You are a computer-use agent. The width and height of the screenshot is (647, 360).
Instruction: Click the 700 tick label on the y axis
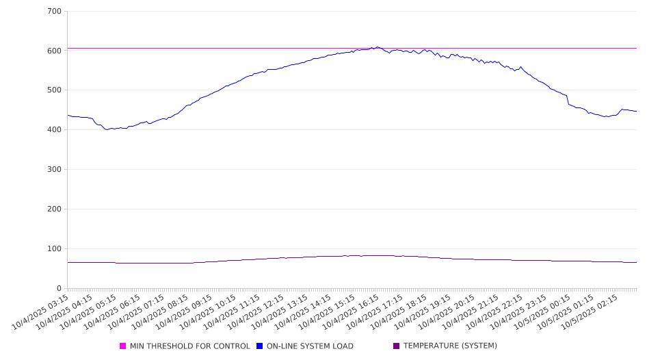point(55,12)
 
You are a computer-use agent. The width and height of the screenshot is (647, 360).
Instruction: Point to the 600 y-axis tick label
point(55,51)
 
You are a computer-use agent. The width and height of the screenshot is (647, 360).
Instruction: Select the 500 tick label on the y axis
point(55,90)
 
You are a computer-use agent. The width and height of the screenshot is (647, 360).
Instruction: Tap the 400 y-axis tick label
point(55,130)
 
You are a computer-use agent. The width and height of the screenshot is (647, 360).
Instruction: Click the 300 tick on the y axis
point(55,170)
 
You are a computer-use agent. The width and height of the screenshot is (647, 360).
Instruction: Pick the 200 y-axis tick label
point(55,209)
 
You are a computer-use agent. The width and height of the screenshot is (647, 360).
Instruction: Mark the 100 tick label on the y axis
point(55,249)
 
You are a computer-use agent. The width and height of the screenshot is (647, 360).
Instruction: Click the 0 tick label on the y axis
point(60,288)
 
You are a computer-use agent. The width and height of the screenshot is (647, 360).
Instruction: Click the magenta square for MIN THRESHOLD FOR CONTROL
point(123,346)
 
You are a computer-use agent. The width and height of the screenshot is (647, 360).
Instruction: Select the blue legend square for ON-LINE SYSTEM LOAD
point(260,346)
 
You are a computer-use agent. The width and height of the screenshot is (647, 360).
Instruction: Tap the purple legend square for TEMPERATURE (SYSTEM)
point(397,346)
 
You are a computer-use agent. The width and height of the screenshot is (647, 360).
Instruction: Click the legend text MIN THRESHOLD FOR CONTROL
point(190,346)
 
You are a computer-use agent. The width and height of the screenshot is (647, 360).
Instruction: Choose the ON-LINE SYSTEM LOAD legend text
point(310,346)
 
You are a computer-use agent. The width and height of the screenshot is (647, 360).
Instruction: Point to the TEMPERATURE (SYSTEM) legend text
point(450,346)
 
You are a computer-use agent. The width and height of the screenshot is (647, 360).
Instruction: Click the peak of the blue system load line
point(377,47)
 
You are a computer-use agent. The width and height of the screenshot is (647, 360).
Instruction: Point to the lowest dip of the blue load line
point(107,129)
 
